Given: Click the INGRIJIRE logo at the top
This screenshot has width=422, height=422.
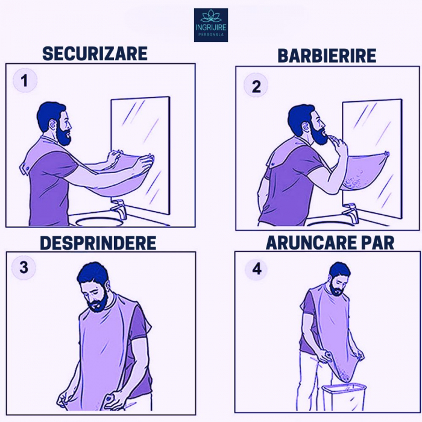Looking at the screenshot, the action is click(211, 25).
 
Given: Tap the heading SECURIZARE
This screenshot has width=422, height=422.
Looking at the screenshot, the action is click(95, 54).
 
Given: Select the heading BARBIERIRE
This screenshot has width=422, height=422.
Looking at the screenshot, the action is click(327, 55).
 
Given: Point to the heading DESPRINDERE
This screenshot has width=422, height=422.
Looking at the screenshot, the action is click(98, 243).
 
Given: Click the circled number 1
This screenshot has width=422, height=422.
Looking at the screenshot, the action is click(25, 80).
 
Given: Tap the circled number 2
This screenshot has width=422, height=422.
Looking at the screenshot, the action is click(256, 86).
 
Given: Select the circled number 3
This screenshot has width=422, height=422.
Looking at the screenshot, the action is click(24, 268).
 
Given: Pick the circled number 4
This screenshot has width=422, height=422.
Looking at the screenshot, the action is click(257, 269).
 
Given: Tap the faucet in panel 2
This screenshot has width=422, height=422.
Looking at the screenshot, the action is click(351, 213).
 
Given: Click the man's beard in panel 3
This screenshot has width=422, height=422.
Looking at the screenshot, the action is click(98, 302).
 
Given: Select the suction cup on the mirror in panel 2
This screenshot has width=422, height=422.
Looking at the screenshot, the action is click(387, 154).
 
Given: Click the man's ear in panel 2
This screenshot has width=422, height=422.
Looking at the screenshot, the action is click(304, 127).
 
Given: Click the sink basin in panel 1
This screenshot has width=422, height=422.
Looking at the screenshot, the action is click(99, 222).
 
